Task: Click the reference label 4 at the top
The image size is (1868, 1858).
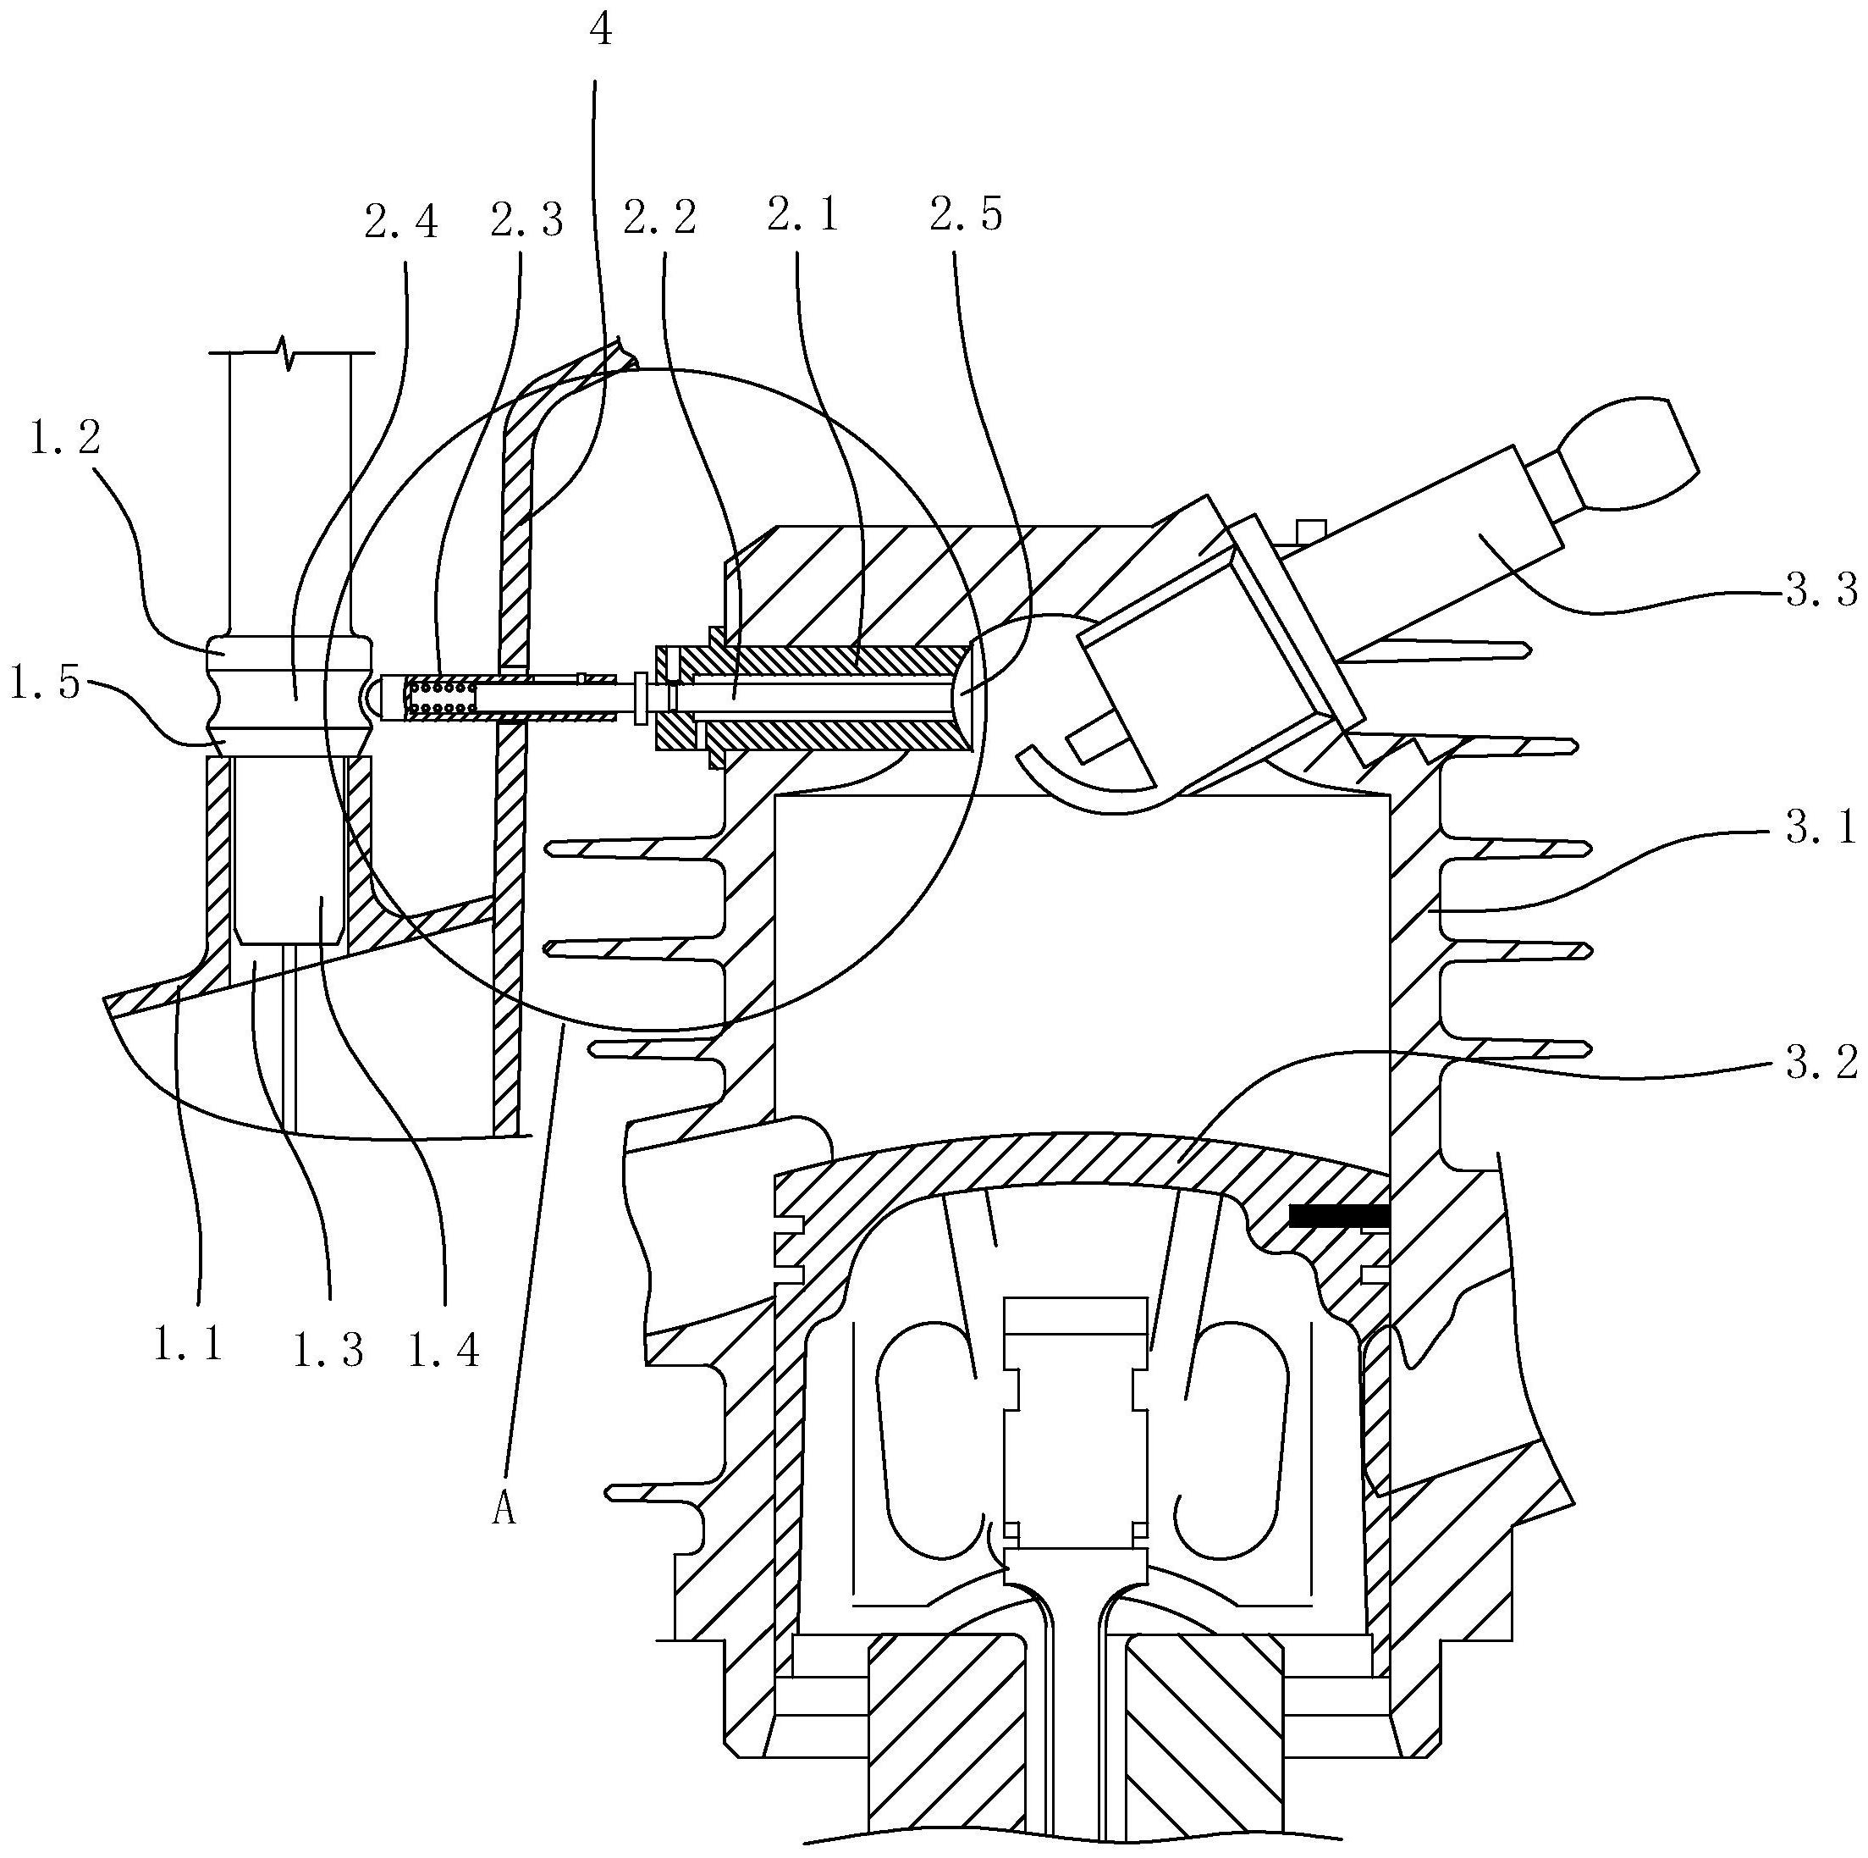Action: tap(600, 31)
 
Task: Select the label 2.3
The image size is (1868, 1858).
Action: tap(527, 219)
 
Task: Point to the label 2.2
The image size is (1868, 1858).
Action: tap(659, 218)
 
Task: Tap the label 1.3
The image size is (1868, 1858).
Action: tap(328, 1350)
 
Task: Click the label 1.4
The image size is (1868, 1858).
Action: tap(444, 1350)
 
